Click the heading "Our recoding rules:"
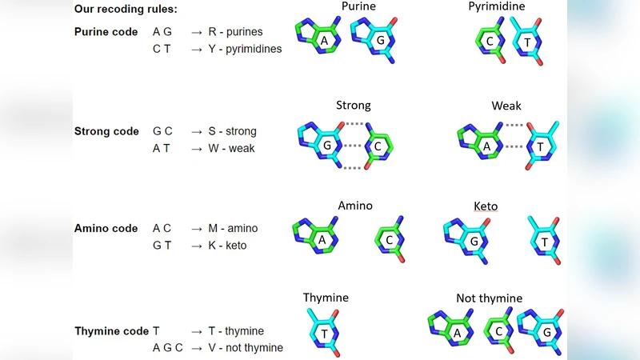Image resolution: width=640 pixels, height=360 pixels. (126, 10)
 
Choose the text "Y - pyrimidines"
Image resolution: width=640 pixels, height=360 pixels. (244, 49)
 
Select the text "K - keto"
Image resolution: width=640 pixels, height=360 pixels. (229, 246)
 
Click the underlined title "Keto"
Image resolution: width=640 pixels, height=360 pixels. (486, 206)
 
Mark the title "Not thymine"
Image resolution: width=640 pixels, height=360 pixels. (489, 298)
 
